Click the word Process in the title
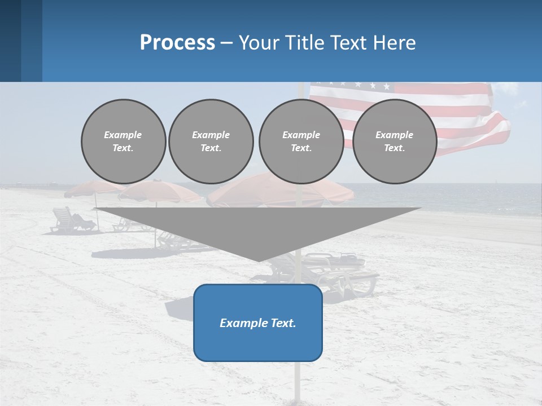[177, 43]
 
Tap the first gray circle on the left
[123, 141]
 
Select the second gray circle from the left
[211, 141]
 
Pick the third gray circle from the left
[301, 141]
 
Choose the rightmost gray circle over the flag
[394, 141]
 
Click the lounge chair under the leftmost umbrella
[71, 221]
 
